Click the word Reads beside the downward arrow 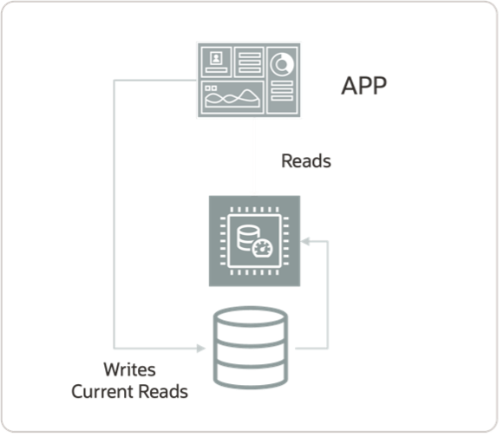pos(307,161)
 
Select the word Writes pos(130,369)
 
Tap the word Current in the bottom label pos(102,391)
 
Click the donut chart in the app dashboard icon pos(282,64)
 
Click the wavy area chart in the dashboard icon pos(231,96)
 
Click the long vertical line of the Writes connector pos(116,217)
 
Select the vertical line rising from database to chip pos(328,295)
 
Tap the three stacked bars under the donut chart pos(282,91)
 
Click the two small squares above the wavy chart pos(209,88)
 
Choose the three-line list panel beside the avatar pos(249,62)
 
